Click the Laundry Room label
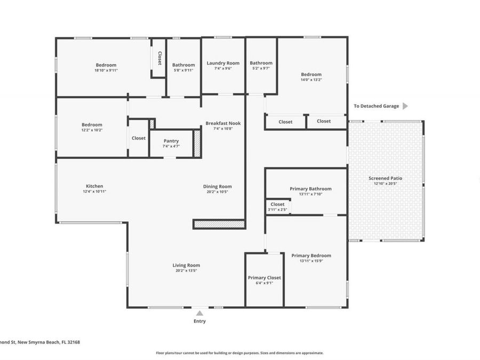pyautogui.click(x=222, y=63)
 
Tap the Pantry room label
pyautogui.click(x=171, y=141)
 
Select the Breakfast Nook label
pyautogui.click(x=223, y=123)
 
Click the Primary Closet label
pyautogui.click(x=264, y=277)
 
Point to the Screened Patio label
pyautogui.click(x=385, y=178)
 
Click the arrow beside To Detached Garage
pyautogui.click(x=405, y=106)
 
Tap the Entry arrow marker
pyautogui.click(x=199, y=313)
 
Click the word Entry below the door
pyautogui.click(x=199, y=321)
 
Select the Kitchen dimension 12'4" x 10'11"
pyautogui.click(x=94, y=191)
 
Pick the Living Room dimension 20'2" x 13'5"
pyautogui.click(x=186, y=270)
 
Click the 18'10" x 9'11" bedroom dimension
pyautogui.click(x=106, y=70)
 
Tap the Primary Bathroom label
pyautogui.click(x=310, y=188)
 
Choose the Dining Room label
pyautogui.click(x=217, y=186)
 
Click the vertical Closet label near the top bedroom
pyautogui.click(x=159, y=58)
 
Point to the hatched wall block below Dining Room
pyautogui.click(x=219, y=225)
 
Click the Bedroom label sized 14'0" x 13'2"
pyautogui.click(x=311, y=74)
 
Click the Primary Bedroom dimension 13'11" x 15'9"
pyautogui.click(x=311, y=261)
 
